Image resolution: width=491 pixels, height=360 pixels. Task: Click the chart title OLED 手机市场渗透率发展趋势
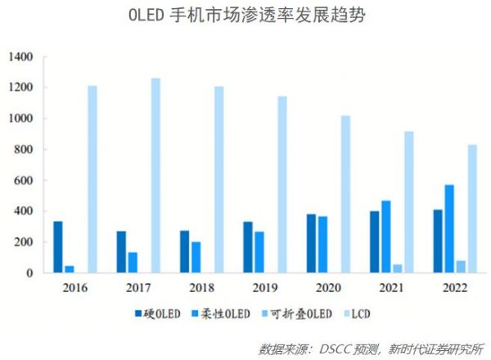pyautogui.click(x=245, y=16)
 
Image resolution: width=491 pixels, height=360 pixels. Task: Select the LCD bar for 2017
pyautogui.click(x=155, y=175)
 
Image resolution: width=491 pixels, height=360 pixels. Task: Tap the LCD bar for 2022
pyautogui.click(x=473, y=209)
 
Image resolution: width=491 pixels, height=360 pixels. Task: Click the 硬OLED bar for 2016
pyautogui.click(x=58, y=247)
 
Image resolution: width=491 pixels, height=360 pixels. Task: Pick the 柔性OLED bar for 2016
pyautogui.click(x=70, y=269)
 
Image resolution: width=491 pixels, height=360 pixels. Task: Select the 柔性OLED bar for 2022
pyautogui.click(x=449, y=228)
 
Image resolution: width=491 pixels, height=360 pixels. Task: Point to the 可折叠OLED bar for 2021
pyautogui.click(x=398, y=268)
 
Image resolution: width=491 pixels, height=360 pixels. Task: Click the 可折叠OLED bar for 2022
pyautogui.click(x=461, y=267)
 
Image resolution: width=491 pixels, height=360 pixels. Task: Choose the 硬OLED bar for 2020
pyautogui.click(x=311, y=244)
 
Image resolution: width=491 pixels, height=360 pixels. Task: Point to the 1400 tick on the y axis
pyautogui.click(x=20, y=57)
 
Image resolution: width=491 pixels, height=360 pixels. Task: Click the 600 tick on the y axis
pyautogui.click(x=23, y=181)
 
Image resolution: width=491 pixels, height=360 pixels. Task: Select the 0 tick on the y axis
pyautogui.click(x=29, y=273)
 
